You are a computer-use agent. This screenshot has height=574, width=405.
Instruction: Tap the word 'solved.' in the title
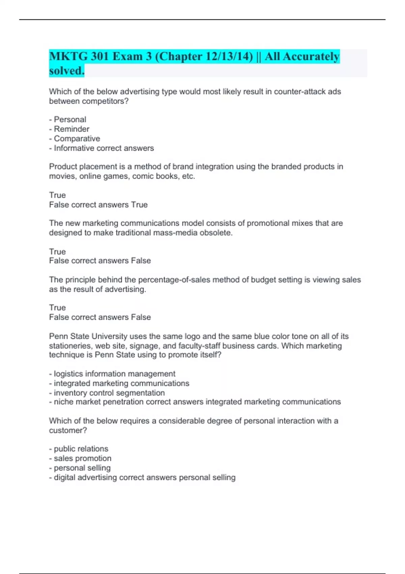pyautogui.click(x=66, y=71)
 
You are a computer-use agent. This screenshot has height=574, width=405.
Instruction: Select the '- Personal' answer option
pyautogui.click(x=67, y=120)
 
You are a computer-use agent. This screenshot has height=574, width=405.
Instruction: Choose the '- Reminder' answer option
pyautogui.click(x=69, y=129)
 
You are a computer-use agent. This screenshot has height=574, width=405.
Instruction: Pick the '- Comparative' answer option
pyautogui.click(x=75, y=138)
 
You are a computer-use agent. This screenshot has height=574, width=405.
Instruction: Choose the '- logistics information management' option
pyautogui.click(x=112, y=374)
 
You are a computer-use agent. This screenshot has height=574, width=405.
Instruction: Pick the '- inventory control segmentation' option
pyautogui.click(x=107, y=393)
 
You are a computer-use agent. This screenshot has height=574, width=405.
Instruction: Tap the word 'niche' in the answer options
pyautogui.click(x=63, y=402)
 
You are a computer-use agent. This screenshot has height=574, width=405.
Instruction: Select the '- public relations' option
pyautogui.click(x=79, y=449)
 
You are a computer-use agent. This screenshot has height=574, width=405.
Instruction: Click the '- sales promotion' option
pyautogui.click(x=80, y=458)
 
